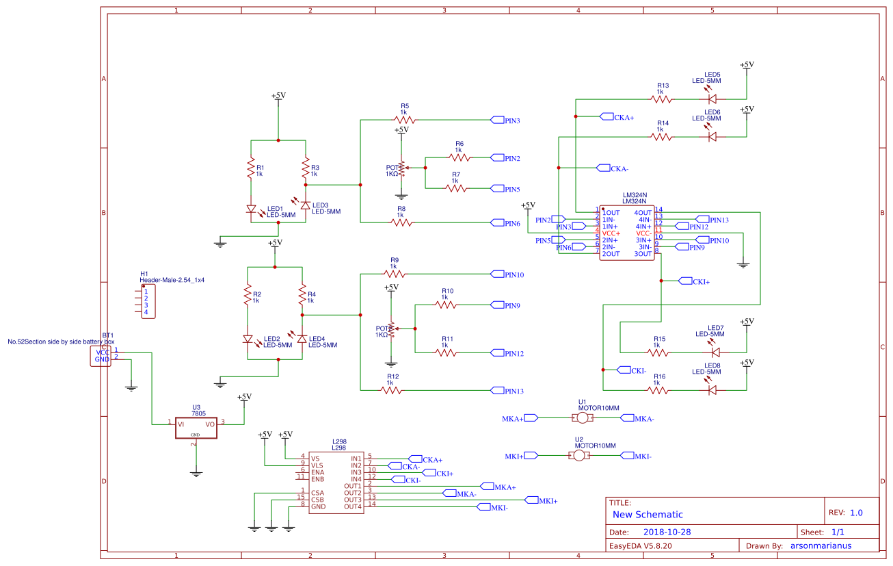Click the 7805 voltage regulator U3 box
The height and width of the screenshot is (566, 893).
tap(196, 424)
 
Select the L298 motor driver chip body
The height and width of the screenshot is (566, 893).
tap(336, 483)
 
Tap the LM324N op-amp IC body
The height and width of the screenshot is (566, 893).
tap(628, 233)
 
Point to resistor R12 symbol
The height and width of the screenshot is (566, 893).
tap(391, 391)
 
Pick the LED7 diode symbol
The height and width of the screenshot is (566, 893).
tap(715, 352)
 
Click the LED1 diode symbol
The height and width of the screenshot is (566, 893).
tap(251, 209)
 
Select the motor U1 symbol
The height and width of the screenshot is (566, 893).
tap(582, 417)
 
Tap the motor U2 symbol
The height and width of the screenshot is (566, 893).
tap(579, 456)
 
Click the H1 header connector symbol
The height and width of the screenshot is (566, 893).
tap(146, 302)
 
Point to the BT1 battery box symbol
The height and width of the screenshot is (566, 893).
tap(101, 356)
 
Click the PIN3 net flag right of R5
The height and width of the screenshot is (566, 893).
tap(505, 120)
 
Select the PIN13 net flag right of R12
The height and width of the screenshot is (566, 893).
tap(507, 391)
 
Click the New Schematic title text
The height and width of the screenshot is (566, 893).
tap(648, 515)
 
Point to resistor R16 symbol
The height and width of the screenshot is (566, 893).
tap(658, 390)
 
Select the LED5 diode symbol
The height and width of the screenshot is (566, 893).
tap(712, 99)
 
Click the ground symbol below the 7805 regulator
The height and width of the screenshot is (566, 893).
tap(196, 472)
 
